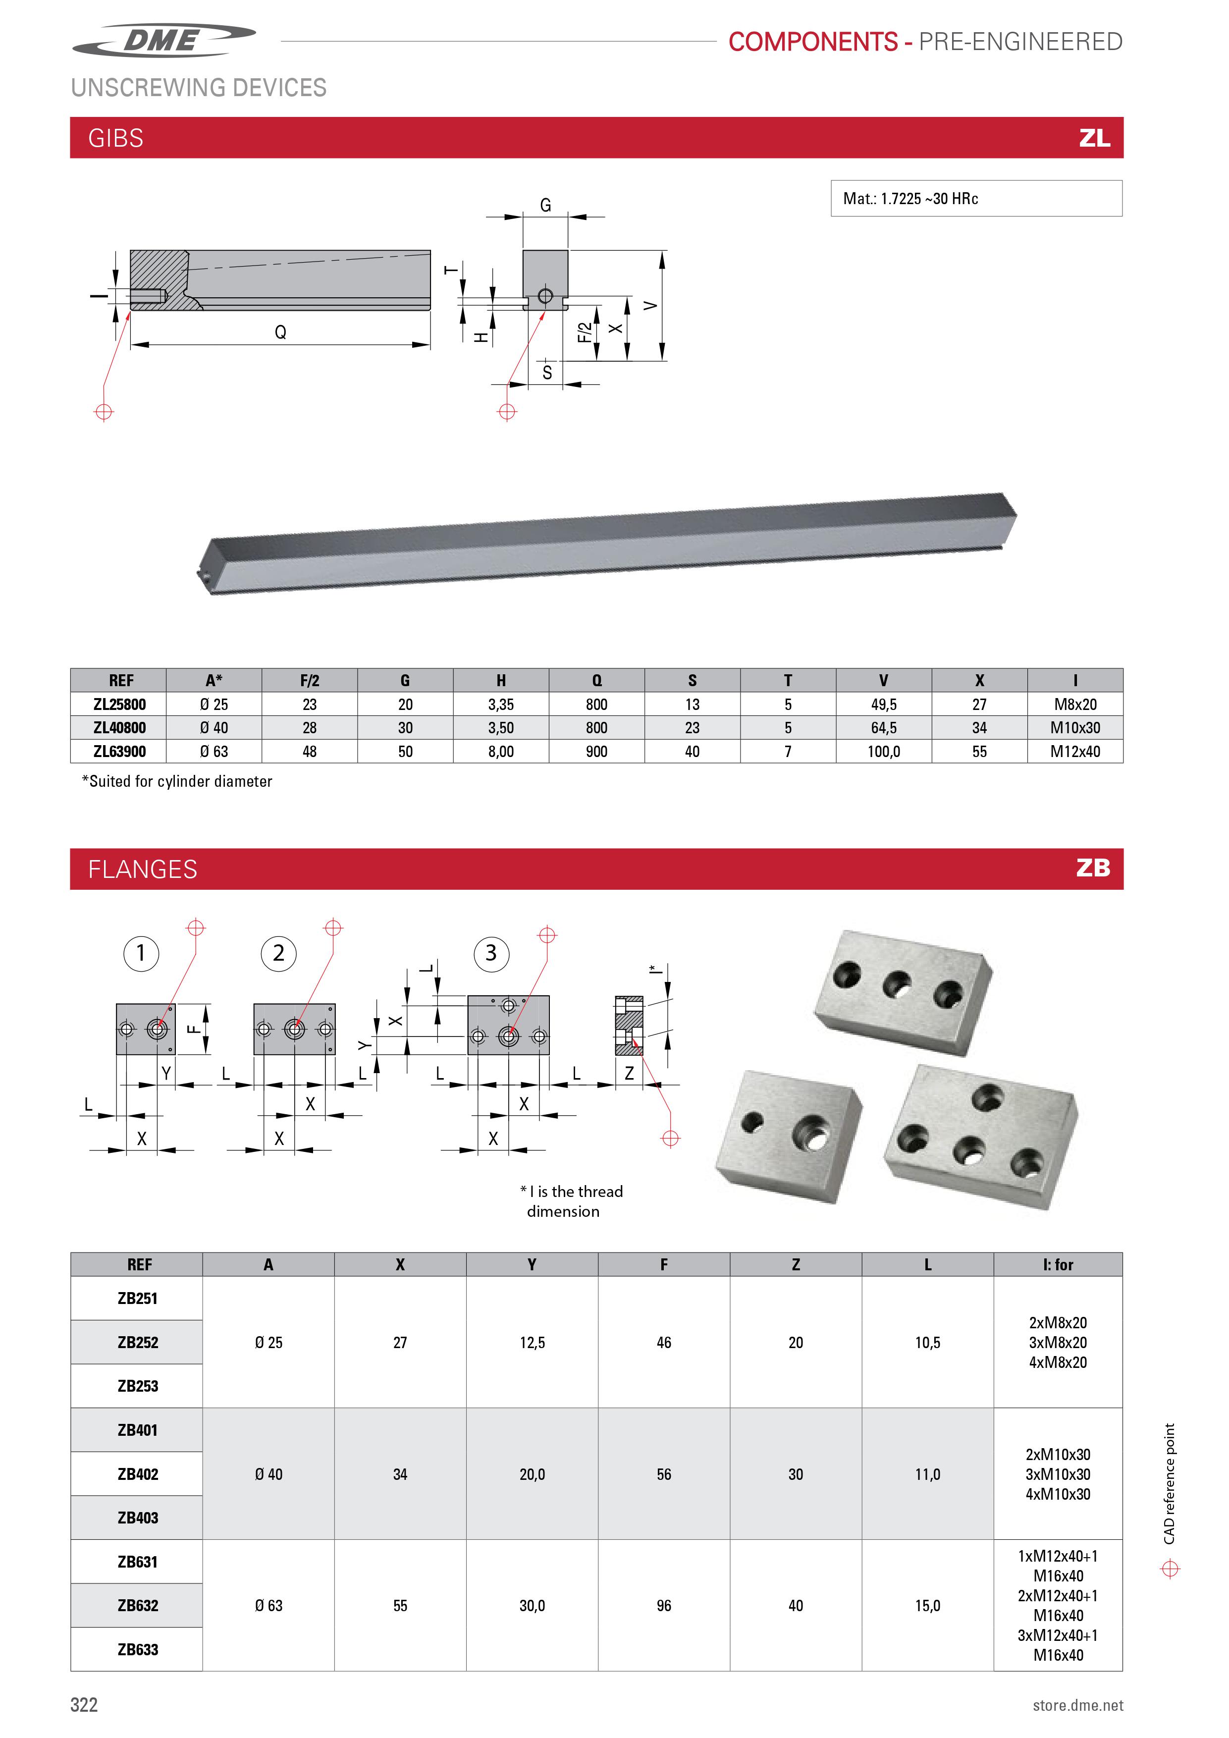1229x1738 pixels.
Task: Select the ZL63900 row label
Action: click(x=119, y=752)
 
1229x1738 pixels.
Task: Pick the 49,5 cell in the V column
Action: click(x=883, y=705)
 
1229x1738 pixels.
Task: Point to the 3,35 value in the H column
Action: click(x=500, y=705)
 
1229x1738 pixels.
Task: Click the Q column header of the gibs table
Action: click(x=596, y=681)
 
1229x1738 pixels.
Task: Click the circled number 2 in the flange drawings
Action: click(x=278, y=953)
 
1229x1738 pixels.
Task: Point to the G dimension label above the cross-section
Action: click(x=545, y=205)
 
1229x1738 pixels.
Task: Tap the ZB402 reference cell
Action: click(x=138, y=1474)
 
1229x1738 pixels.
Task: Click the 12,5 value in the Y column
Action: click(x=532, y=1342)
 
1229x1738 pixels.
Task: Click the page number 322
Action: click(x=84, y=1705)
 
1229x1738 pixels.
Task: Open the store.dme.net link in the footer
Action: click(x=1077, y=1705)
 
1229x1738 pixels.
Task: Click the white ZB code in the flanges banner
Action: click(x=1093, y=868)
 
